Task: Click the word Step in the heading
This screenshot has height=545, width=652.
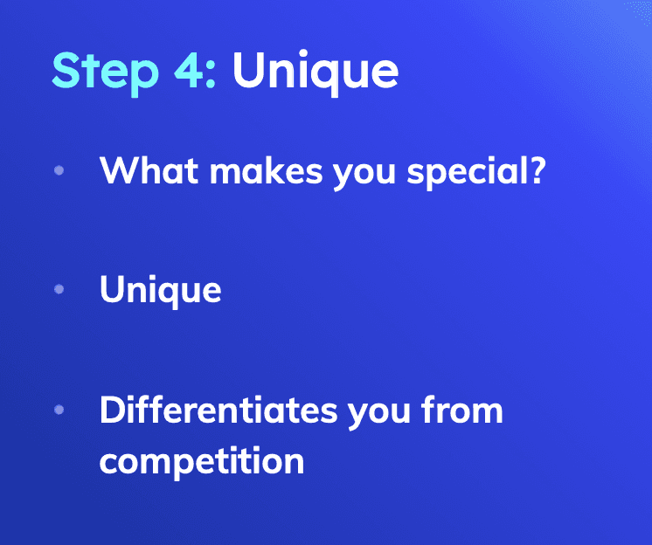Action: (x=105, y=72)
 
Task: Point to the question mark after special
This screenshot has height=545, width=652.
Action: (x=538, y=170)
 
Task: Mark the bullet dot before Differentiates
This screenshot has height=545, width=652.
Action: (x=59, y=410)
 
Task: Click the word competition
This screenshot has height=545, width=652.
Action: (x=202, y=461)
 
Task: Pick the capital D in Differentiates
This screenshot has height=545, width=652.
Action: (x=112, y=410)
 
